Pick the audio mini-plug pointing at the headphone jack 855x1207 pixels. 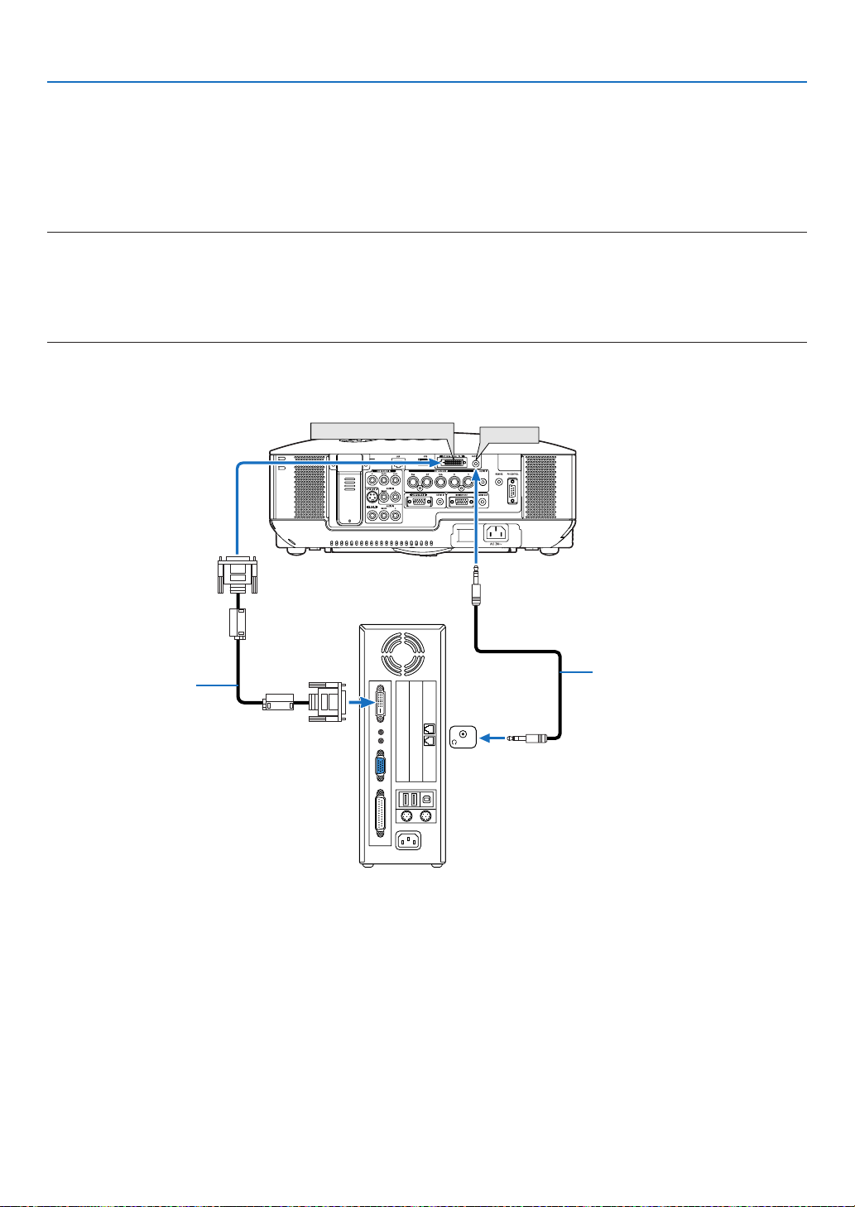click(x=525, y=737)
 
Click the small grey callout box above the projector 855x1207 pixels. click(x=509, y=434)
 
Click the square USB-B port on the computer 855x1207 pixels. click(x=427, y=800)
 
